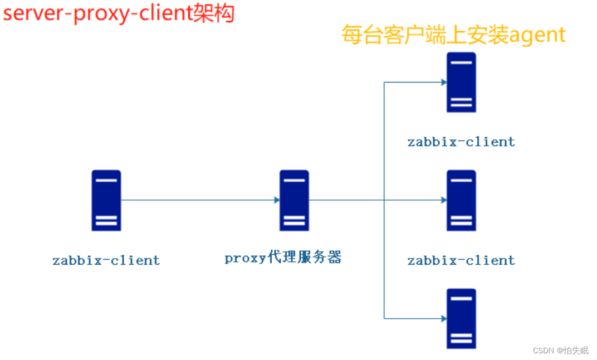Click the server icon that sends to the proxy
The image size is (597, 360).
coord(106,200)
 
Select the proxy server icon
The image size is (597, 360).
coord(294,200)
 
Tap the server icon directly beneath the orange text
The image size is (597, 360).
coord(461,82)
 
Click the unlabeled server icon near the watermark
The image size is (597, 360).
coord(461,318)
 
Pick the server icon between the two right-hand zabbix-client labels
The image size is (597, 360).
coord(461,200)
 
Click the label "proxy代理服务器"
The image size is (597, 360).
coord(283,258)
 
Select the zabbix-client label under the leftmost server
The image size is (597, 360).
coord(106,260)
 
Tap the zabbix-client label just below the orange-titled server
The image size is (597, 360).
coord(461,142)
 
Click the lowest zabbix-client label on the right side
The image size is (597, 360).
coord(461,260)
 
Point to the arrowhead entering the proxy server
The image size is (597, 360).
coord(277,200)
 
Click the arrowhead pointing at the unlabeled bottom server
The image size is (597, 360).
coord(444,319)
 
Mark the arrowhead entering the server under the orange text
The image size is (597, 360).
coord(444,82)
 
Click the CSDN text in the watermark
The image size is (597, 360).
coord(542,351)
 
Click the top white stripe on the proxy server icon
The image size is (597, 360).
coord(294,180)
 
